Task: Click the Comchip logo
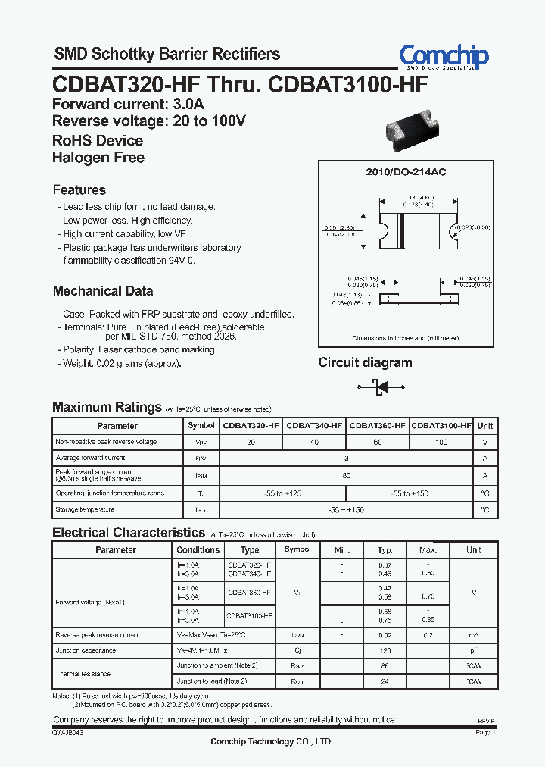pos(444,57)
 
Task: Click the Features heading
pos(79,189)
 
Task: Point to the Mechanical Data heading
pos(103,291)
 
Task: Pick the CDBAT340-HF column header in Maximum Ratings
pos(314,426)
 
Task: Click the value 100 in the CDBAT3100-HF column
pos(441,442)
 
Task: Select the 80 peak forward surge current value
pos(347,475)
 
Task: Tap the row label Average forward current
pos(91,458)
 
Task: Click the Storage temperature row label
pos(85,510)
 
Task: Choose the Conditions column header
pos(198,549)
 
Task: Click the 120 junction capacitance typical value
pos(385,650)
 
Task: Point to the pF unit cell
pos(474,650)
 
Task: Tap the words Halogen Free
pos(98,158)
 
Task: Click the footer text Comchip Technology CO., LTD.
pos(271,742)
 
